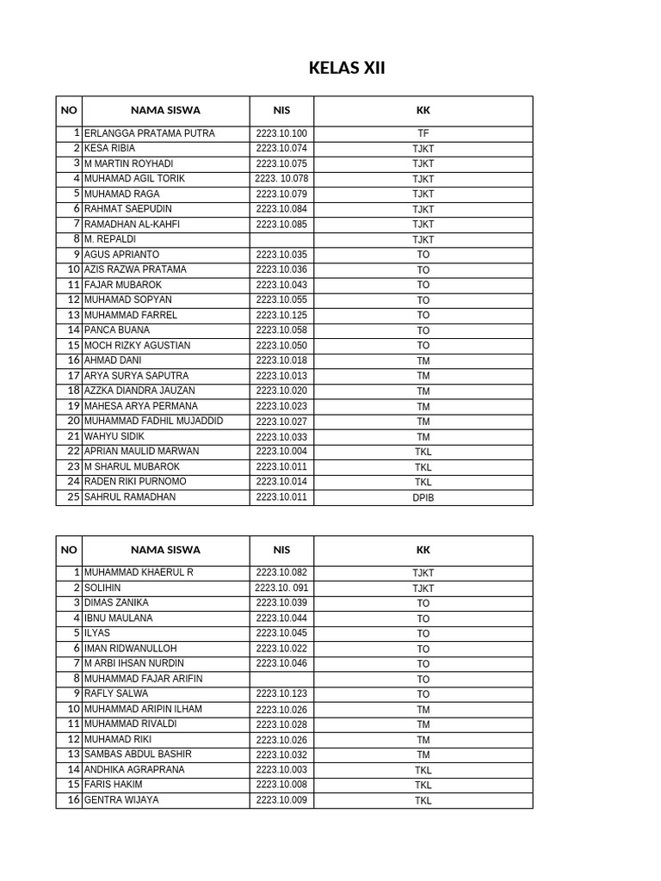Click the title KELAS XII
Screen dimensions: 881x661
tap(347, 68)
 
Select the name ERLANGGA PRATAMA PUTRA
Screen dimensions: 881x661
tap(149, 133)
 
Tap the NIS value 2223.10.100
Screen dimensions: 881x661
tap(281, 133)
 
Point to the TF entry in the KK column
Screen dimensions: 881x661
tap(423, 134)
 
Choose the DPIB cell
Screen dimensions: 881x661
tap(423, 497)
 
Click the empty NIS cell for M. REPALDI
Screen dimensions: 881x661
tap(281, 239)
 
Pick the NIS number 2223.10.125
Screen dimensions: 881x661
tap(281, 315)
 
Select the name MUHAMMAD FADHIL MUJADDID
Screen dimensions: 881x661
tap(153, 421)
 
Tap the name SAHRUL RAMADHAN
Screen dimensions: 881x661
tap(129, 496)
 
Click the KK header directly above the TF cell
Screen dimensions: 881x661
tap(423, 110)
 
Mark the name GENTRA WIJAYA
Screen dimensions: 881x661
tap(121, 799)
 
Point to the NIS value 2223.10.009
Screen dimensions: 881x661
tap(281, 800)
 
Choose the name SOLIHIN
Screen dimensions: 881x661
tap(102, 588)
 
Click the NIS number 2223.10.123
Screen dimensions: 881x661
tap(281, 693)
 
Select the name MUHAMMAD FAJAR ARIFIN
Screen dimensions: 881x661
tap(143, 679)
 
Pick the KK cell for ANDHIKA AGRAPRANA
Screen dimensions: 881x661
tap(423, 770)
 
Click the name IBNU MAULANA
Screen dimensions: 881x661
tap(118, 618)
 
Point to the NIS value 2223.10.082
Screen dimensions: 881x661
tap(281, 572)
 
